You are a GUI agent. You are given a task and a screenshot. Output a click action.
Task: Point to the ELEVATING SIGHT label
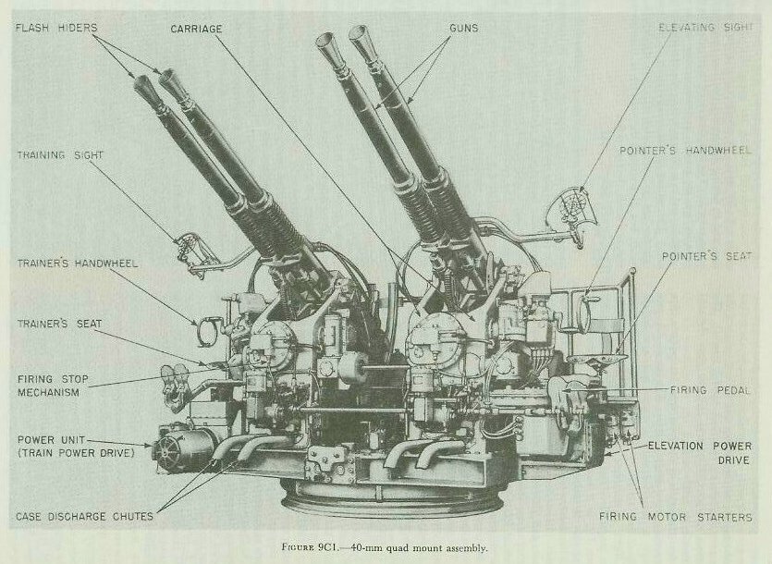coord(707,29)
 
